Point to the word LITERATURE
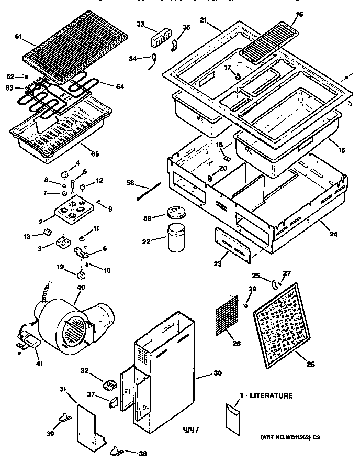point(268,396)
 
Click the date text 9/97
point(192,431)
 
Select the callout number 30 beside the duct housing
point(217,374)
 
